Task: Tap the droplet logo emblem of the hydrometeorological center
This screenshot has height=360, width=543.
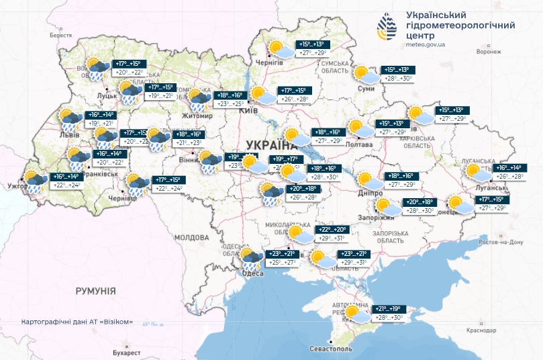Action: pos(387,28)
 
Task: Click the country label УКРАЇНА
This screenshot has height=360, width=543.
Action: pos(272,145)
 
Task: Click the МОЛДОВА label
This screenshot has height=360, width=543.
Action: pos(191,238)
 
